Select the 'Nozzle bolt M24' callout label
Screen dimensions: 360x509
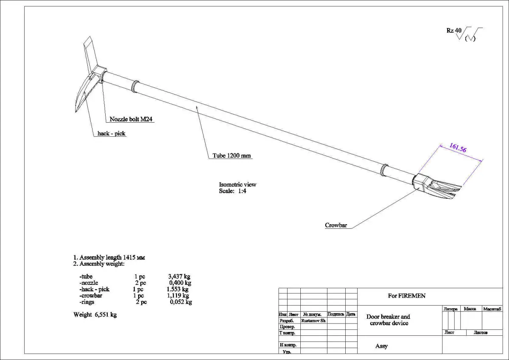coord(131,119)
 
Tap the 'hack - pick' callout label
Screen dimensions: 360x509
coord(112,133)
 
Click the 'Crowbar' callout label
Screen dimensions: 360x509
coord(336,225)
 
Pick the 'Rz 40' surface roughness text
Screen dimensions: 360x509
coord(453,31)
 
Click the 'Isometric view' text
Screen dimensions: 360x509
coord(238,185)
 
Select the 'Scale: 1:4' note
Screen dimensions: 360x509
coord(232,191)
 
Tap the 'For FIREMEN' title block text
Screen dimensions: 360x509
coord(406,295)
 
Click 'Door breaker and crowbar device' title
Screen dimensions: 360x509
coord(388,320)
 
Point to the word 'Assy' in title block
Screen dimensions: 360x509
coord(381,346)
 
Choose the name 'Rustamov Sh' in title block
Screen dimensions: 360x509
coord(313,321)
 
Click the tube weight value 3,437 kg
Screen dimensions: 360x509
coord(179,276)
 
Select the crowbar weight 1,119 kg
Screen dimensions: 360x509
coord(178,295)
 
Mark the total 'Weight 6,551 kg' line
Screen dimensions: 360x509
coord(95,315)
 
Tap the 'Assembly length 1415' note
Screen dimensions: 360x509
coord(110,257)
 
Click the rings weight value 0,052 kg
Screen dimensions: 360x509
coord(181,302)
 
